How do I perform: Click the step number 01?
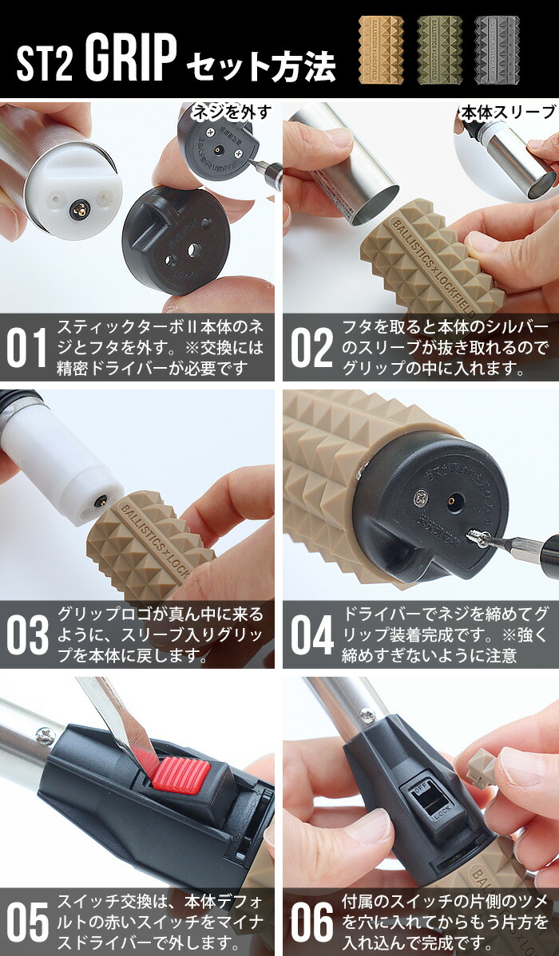coord(28,348)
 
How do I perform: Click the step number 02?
coord(310,348)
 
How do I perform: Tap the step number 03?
coord(28,635)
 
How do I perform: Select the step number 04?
coord(311,635)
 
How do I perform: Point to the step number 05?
coord(28,922)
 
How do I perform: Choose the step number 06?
coord(311,922)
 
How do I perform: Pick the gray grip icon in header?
coord(496,49)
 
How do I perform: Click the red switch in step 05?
coord(181,774)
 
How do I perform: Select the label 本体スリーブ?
coord(508,112)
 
